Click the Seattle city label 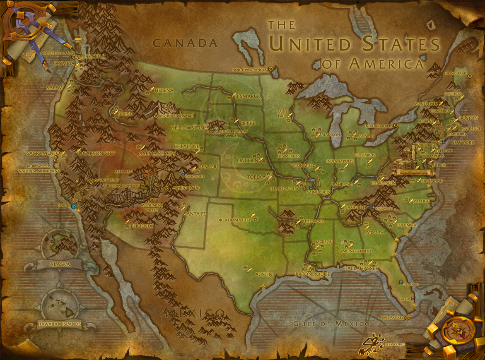[x=95, y=56]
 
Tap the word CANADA [x=185, y=43]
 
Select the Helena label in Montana [x=164, y=90]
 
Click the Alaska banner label [x=60, y=264]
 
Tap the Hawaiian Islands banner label [x=59, y=324]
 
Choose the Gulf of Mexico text [x=331, y=324]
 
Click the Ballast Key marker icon [x=407, y=317]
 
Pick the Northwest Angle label [x=249, y=70]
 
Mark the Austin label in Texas [x=263, y=274]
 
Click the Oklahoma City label [x=234, y=220]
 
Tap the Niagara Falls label [x=379, y=125]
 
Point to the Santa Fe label [x=194, y=214]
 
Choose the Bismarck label [x=248, y=96]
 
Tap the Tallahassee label [x=361, y=269]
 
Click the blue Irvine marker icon [x=74, y=206]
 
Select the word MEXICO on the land [x=195, y=313]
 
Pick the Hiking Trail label [x=455, y=73]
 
